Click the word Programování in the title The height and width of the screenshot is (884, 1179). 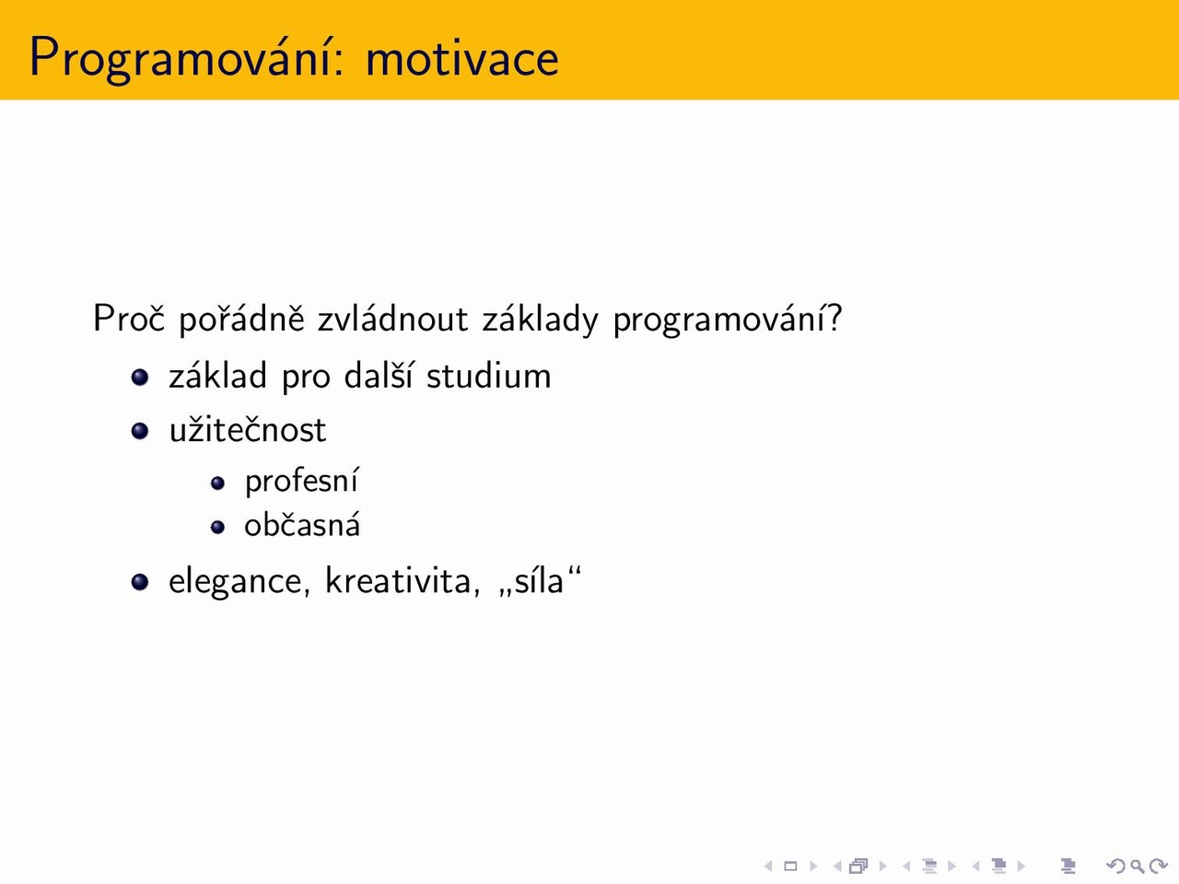click(x=181, y=58)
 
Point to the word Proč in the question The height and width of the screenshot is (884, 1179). click(x=128, y=318)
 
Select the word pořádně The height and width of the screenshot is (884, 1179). click(x=241, y=320)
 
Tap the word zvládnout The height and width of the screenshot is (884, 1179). click(x=392, y=319)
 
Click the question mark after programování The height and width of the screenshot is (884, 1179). click(x=835, y=318)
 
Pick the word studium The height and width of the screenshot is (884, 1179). click(x=489, y=375)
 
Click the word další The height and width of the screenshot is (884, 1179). click(x=379, y=375)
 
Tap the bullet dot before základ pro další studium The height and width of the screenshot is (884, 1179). click(x=140, y=377)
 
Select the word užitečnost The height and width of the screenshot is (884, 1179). click(x=248, y=429)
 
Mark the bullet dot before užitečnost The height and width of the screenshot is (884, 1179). click(x=140, y=431)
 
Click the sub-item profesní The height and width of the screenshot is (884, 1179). click(x=301, y=480)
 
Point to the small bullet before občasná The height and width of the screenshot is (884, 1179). click(x=217, y=527)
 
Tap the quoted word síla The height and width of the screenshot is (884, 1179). click(x=538, y=580)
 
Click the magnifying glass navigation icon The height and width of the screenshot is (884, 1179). click(x=1137, y=867)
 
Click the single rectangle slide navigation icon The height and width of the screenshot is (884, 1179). click(x=790, y=867)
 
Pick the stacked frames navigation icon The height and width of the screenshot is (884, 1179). click(x=858, y=867)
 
